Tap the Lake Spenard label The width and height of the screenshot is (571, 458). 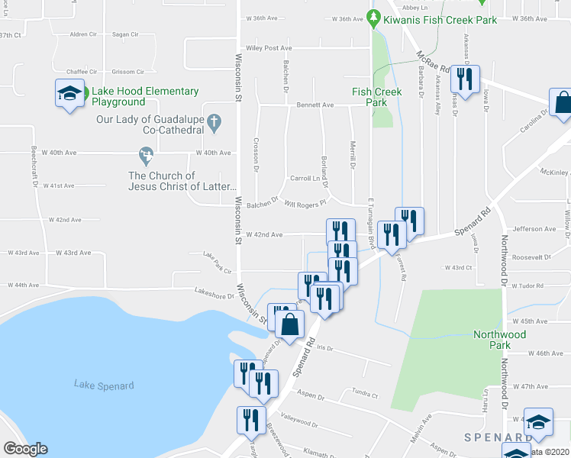click(104, 385)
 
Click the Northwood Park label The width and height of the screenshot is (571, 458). click(499, 340)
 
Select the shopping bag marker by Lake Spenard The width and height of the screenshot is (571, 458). click(291, 324)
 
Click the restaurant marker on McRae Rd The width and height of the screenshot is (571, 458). click(463, 78)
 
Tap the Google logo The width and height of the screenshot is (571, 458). click(25, 449)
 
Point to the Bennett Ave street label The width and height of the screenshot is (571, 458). click(315, 105)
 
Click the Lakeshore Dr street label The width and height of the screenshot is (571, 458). click(214, 291)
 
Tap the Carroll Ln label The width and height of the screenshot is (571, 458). click(304, 178)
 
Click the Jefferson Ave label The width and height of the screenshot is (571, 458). click(534, 228)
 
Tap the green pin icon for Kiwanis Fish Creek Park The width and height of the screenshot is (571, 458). click(373, 15)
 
